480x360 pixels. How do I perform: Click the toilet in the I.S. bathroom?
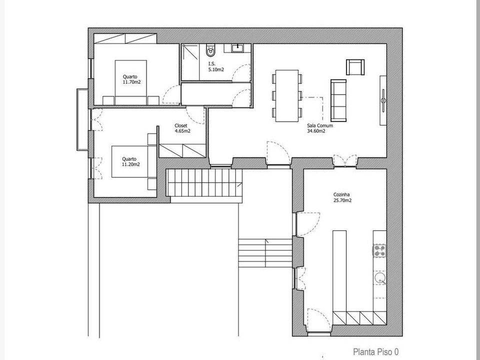click(210, 50)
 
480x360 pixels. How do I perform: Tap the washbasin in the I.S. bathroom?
click(237, 48)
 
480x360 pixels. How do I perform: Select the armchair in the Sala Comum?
click(355, 67)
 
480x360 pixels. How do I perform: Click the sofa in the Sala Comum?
click(338, 100)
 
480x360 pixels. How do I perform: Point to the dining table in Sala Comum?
click(287, 96)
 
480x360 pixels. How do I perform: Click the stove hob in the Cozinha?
click(379, 250)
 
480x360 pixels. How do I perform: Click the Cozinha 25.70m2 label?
click(342, 197)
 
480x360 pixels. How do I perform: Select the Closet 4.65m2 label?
click(182, 128)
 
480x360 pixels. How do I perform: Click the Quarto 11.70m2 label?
click(131, 79)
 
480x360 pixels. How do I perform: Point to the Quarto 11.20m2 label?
click(131, 161)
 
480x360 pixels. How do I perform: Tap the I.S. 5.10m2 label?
click(216, 66)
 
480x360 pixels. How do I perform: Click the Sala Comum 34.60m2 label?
click(320, 128)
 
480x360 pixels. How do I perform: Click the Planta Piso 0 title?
click(376, 351)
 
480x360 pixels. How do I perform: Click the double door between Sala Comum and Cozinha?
click(345, 161)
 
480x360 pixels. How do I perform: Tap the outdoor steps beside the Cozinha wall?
click(265, 253)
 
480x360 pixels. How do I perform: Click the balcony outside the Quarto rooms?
click(82, 119)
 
